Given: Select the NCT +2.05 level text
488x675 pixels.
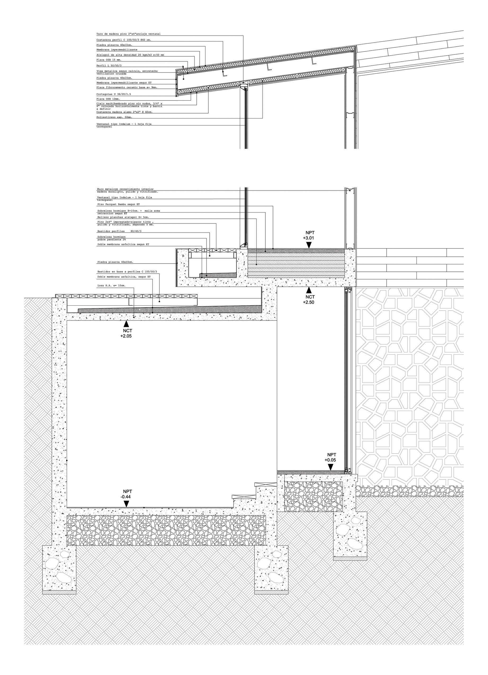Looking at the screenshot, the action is pos(126,333).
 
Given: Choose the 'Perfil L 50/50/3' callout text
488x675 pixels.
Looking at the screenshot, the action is pos(109,65).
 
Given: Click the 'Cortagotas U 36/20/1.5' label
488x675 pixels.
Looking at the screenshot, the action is pos(114,94).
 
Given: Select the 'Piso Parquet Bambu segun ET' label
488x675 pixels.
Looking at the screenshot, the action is pos(119,205).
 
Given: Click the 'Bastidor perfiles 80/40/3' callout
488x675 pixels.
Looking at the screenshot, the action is pos(119,231).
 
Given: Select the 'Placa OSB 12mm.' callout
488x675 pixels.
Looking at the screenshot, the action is pos(108,99).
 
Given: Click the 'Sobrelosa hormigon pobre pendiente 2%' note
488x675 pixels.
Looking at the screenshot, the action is pos(112,238).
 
